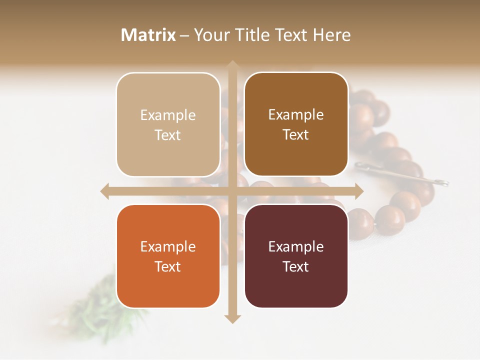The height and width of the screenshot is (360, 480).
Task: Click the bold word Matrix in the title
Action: pos(148,35)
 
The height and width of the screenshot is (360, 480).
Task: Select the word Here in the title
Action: pos(332,35)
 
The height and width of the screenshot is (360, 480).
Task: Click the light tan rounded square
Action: pos(168,124)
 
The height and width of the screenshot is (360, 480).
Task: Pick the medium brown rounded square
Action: pos(296,124)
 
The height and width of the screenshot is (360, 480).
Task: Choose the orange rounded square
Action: pos(168,256)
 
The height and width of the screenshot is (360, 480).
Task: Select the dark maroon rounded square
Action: pos(296,256)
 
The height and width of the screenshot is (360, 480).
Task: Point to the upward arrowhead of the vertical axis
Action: pos(232,65)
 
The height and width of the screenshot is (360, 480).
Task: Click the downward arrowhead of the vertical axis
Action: pos(232,318)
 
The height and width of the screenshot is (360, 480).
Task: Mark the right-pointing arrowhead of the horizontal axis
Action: pos(359,191)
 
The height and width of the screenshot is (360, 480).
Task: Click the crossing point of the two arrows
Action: pos(232,191)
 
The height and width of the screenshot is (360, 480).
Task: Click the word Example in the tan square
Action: pos(168,115)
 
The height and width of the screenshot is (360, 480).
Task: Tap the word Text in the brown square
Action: pos(296,135)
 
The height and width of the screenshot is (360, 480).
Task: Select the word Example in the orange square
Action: pos(168,247)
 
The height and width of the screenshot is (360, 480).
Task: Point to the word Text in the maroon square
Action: pos(296,266)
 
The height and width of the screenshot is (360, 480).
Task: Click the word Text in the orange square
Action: pos(168,266)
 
